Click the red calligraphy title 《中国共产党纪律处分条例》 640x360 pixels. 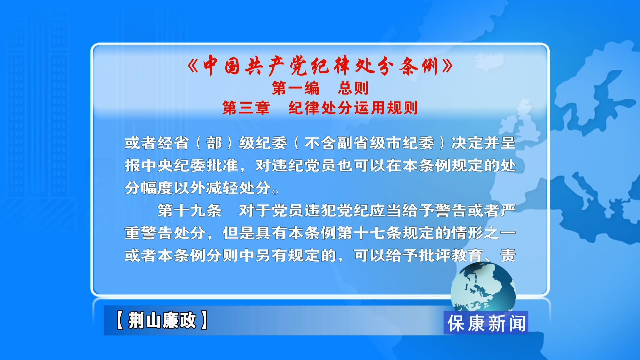click(x=320, y=66)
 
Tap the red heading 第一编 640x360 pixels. click(x=296, y=88)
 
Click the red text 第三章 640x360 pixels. click(x=246, y=108)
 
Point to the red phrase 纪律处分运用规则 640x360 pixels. click(x=353, y=108)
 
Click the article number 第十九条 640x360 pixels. click(x=190, y=211)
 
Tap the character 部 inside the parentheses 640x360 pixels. click(x=214, y=143)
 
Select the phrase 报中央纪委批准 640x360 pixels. click(x=181, y=166)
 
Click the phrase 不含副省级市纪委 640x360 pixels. click(x=369, y=143)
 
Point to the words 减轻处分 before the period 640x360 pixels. click(x=238, y=188)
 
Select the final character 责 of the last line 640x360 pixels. click(x=508, y=256)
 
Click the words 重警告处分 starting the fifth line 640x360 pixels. click(x=165, y=233)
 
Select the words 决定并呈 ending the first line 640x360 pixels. click(x=483, y=143)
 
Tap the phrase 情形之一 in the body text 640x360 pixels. click(x=483, y=233)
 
